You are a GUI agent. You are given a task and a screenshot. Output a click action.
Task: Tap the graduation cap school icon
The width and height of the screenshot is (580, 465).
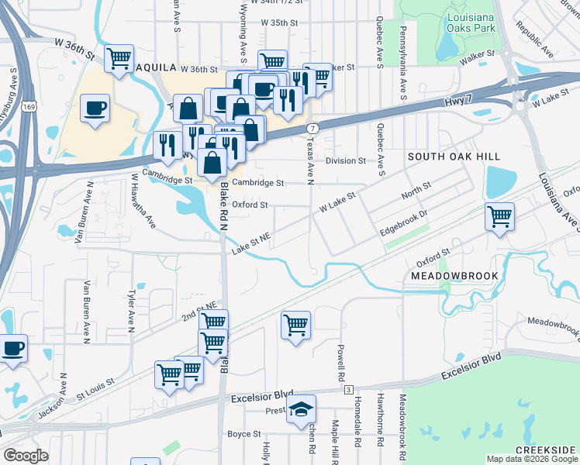pos(300,412)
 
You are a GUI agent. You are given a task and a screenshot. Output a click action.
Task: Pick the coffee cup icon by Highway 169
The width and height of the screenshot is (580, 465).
pos(95,108)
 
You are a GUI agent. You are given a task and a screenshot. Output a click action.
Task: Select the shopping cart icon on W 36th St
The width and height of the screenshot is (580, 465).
pos(119,59)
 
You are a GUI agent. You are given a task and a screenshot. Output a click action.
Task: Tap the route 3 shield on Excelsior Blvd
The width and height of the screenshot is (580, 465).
pos(349,388)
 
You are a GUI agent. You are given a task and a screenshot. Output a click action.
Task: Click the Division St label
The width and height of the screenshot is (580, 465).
pos(345,161)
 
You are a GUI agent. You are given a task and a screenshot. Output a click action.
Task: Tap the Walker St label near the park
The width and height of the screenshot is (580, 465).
pos(476,59)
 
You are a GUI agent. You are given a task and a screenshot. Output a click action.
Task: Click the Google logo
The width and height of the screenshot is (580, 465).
pos(26,455)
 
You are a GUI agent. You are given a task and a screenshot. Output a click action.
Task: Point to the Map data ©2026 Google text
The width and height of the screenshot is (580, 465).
pos(531,459)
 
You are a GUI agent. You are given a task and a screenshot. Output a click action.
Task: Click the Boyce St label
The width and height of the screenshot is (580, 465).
pos(243,434)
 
